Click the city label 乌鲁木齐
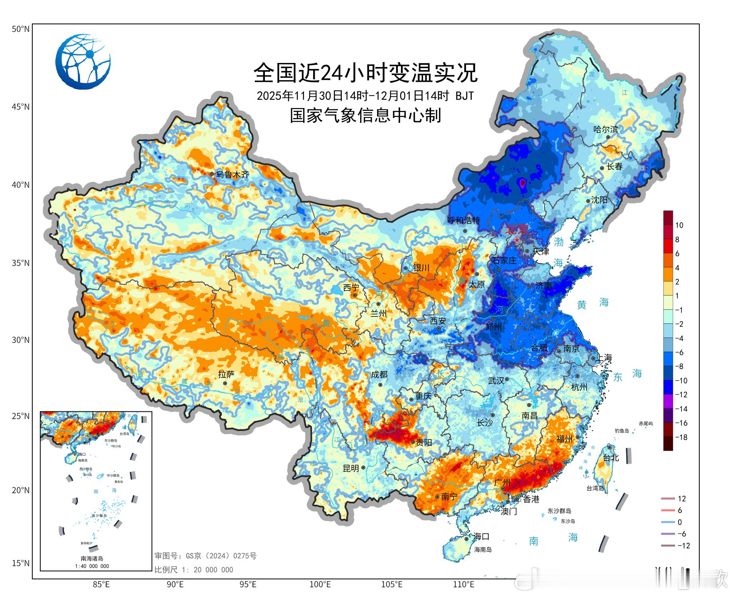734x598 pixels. pyautogui.click(x=232, y=174)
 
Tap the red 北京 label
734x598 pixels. pyautogui.click(x=517, y=230)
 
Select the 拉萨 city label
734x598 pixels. pyautogui.click(x=226, y=374)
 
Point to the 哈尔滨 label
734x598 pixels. pyautogui.click(x=606, y=129)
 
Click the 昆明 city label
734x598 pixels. pyautogui.click(x=351, y=468)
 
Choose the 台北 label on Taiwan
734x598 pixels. pyautogui.click(x=611, y=458)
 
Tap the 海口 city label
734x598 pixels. pyautogui.click(x=481, y=536)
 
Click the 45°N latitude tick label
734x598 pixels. pyautogui.click(x=20, y=107)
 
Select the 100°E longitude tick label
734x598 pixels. pyautogui.click(x=320, y=585)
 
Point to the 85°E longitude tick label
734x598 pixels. pyautogui.click(x=101, y=585)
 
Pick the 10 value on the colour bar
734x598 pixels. pyautogui.click(x=679, y=225)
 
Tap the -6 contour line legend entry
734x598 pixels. pyautogui.click(x=681, y=534)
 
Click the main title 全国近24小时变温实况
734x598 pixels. pyautogui.click(x=365, y=73)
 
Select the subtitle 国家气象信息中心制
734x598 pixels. pyautogui.click(x=365, y=116)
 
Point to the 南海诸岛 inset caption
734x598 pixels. pyautogui.click(x=92, y=559)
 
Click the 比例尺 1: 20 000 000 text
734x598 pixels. pyautogui.click(x=194, y=570)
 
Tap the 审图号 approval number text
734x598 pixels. pyautogui.click(x=205, y=556)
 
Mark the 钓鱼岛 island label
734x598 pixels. pyautogui.click(x=622, y=431)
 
